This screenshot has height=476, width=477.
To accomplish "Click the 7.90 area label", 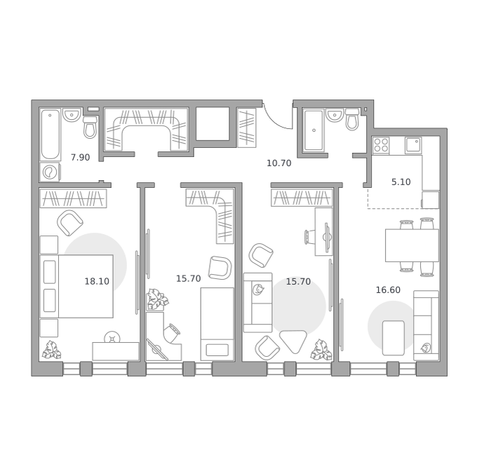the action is coord(80,158).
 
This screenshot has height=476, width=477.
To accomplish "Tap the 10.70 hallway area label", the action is coord(279,163).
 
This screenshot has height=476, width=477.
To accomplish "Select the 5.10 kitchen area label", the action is coord(401,182).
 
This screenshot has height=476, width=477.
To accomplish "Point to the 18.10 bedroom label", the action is coord(97,281).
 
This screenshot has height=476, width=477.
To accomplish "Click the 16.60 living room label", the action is coord(388,290).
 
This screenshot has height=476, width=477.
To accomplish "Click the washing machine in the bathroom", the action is coord(50,172).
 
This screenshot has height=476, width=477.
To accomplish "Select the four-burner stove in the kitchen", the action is coord(381,145).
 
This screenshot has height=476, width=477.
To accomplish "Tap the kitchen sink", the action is coord(413,145).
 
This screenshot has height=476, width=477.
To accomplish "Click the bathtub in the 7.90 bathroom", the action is coord(51,135).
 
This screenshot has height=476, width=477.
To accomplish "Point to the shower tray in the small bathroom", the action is coord(314,130).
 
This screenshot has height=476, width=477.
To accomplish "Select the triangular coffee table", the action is coord(293,341).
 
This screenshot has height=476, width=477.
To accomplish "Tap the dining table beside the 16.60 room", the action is coord(412,245).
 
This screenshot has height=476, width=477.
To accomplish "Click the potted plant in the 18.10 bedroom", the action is coord(51,350).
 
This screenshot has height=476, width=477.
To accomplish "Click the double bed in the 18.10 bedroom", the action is coord(76,286).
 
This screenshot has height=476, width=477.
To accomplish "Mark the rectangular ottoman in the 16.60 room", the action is coord(394,338).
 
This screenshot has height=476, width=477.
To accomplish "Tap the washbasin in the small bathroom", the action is coord(335,115).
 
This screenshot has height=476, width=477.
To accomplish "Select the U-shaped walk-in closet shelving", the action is coord(146,130).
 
